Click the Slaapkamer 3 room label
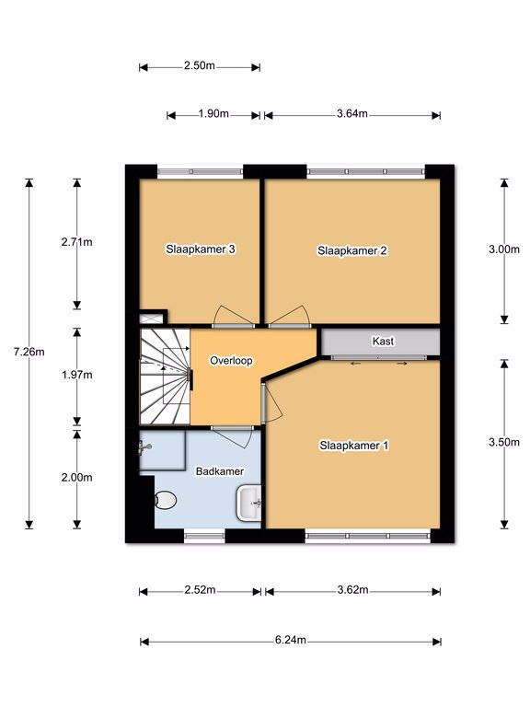[x=201, y=249]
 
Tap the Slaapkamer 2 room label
[x=352, y=250]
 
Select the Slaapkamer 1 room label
[x=353, y=446]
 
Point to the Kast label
[x=383, y=341]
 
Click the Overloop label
[x=231, y=360]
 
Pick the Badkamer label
[x=220, y=471]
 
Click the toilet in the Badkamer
[x=165, y=500]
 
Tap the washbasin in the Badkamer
[x=248, y=503]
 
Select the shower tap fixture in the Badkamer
[x=144, y=447]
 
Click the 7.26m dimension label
[x=29, y=352]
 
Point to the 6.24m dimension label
[x=290, y=640]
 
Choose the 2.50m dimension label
[x=199, y=65]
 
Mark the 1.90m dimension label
[x=213, y=113]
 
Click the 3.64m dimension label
[x=352, y=113]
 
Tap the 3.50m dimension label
[x=504, y=442]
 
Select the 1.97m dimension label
[x=77, y=375]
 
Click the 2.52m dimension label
[x=200, y=589]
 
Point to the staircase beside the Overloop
[x=165, y=377]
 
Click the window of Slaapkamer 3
[x=201, y=172]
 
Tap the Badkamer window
[x=204, y=536]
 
